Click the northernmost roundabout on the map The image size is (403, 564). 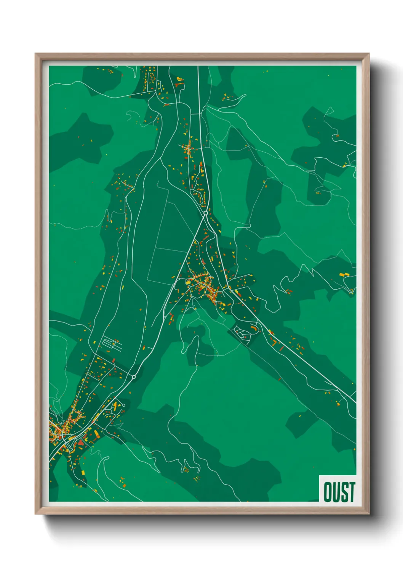pyautogui.click(x=205, y=213)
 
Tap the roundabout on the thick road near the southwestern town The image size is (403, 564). pyautogui.click(x=134, y=377)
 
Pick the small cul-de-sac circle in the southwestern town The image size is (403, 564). pyautogui.click(x=123, y=405)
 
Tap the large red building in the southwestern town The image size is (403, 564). pyautogui.click(x=81, y=443)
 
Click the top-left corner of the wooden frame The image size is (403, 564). pyautogui.click(x=35, y=54)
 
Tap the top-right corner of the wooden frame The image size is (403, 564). pyautogui.click(x=369, y=54)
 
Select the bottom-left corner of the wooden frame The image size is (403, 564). pyautogui.click(x=35, y=514)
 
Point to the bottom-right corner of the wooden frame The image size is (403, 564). pyautogui.click(x=369, y=514)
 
